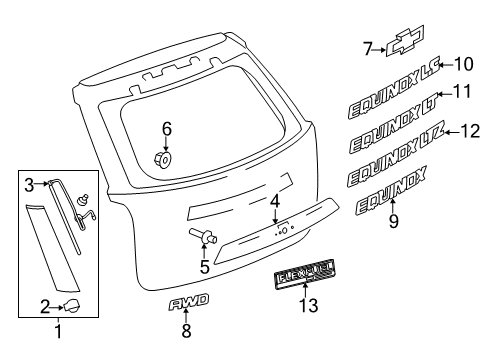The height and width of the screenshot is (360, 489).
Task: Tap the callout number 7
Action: [366, 46]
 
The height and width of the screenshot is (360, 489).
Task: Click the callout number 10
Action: [463, 65]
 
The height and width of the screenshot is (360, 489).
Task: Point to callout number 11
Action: [461, 92]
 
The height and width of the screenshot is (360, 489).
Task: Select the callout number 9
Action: [393, 222]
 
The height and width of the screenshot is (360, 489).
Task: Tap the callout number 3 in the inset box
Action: [29, 183]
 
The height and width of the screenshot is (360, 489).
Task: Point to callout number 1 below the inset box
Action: [57, 332]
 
